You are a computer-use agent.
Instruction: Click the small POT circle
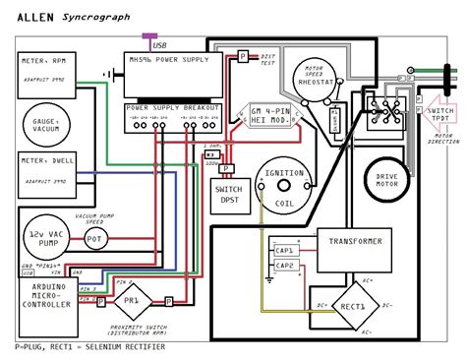point(95,238)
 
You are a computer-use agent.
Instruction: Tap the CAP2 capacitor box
point(284,266)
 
